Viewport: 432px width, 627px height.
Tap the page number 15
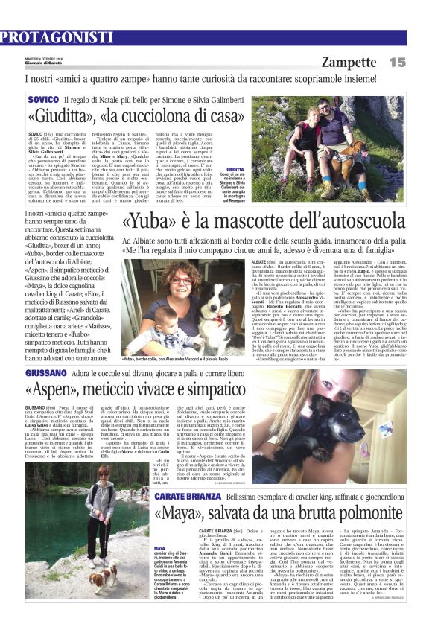(418, 62)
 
